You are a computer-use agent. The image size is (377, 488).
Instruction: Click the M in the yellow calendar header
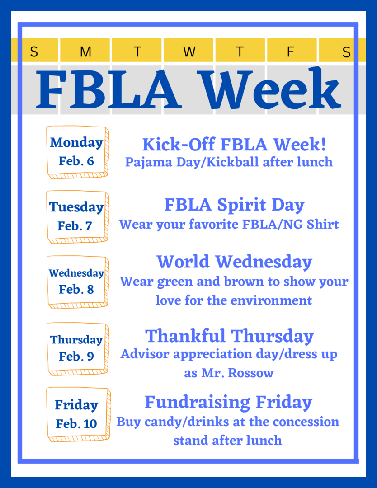coord(85,52)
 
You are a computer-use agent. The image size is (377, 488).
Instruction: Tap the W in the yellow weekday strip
coord(189,52)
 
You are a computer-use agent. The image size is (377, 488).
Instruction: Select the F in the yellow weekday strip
coord(291,52)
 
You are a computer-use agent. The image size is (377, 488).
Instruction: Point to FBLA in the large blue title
coord(108,89)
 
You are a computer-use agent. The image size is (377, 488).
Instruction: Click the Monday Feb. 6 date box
coord(77,152)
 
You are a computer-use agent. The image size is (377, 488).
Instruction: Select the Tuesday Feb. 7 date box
coord(77,217)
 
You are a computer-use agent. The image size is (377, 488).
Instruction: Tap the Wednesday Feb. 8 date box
coord(77,282)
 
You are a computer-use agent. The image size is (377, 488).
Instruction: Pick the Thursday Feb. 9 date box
coord(77,349)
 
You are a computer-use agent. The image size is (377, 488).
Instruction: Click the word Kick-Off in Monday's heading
coord(179,145)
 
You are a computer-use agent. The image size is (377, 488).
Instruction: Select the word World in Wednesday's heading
coord(183,262)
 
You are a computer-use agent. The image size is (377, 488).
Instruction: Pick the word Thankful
coord(185,336)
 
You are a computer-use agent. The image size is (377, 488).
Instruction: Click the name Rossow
coord(251,373)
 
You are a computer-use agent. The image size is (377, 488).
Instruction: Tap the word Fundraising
coord(198,403)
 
